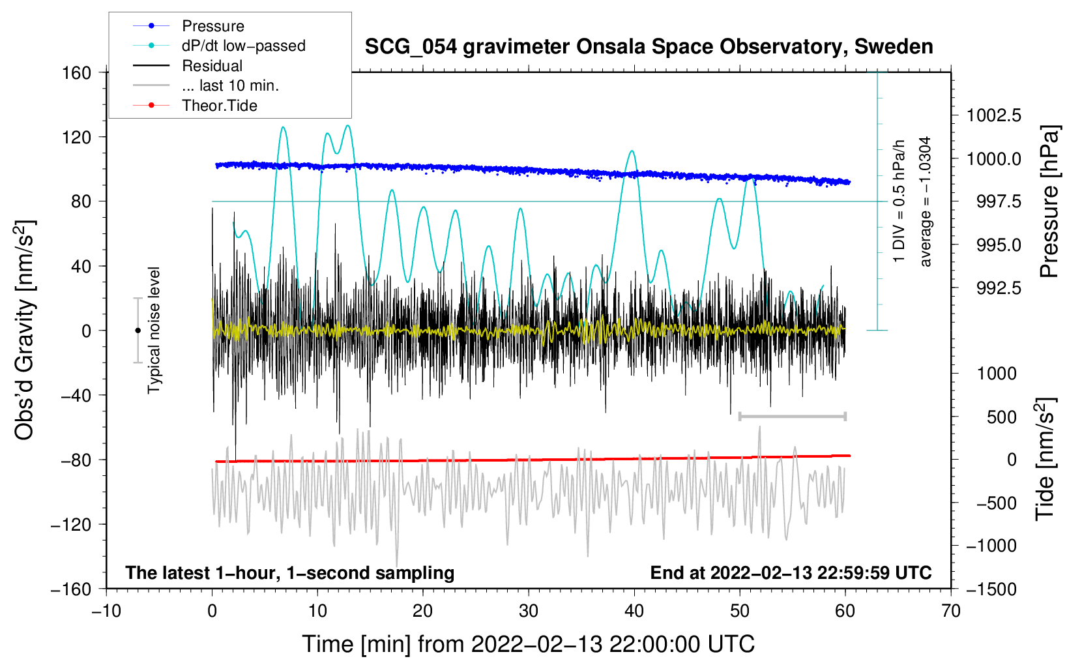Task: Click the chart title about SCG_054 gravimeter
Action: pos(649,47)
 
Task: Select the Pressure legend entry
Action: pos(212,26)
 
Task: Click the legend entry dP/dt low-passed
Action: pos(243,46)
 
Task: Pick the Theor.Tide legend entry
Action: pos(219,106)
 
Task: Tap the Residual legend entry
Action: pos(212,66)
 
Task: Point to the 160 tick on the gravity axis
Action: pos(77,72)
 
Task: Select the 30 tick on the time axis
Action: pos(529,611)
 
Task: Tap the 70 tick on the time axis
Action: pos(951,611)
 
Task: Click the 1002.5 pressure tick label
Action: pos(994,116)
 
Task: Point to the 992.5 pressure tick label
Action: pos(999,288)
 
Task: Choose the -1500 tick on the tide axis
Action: pos(991,589)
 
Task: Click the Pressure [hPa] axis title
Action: pos(1049,202)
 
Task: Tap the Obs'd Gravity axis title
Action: pos(25,330)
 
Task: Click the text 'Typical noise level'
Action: pos(154,330)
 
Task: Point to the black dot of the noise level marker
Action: pos(138,331)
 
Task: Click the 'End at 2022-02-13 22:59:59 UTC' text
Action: pos(791,573)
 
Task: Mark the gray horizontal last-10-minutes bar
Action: pos(792,416)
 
